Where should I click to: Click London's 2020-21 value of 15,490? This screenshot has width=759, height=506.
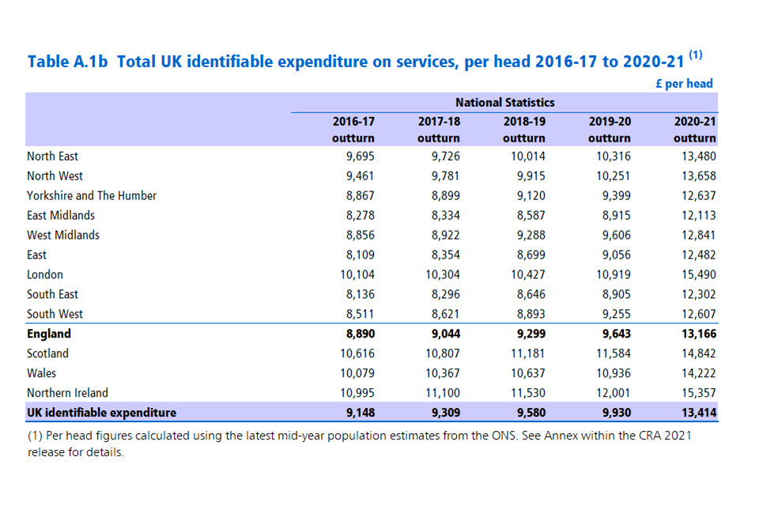pos(697,274)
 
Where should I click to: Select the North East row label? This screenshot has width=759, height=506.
pos(52,157)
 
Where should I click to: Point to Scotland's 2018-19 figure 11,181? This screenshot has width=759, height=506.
pos(525,353)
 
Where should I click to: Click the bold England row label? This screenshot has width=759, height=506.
pos(49,334)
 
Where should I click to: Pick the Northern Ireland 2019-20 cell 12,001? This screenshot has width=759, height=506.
pos(610,393)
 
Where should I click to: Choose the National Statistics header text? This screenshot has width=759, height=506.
pos(504,103)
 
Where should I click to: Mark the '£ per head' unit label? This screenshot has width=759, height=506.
pos(684,83)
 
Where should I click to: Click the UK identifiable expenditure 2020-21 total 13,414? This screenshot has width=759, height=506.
pos(697,413)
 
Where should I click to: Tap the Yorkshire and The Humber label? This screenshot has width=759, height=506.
pos(92,196)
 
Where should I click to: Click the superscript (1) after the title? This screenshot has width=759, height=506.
pos(695,55)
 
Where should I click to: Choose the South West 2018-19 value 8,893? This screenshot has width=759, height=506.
pos(528,314)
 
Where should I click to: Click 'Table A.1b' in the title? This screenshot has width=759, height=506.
pos(67,62)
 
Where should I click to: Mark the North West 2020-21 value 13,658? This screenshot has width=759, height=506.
pos(697,176)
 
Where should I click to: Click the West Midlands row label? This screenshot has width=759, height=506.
pos(63,235)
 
